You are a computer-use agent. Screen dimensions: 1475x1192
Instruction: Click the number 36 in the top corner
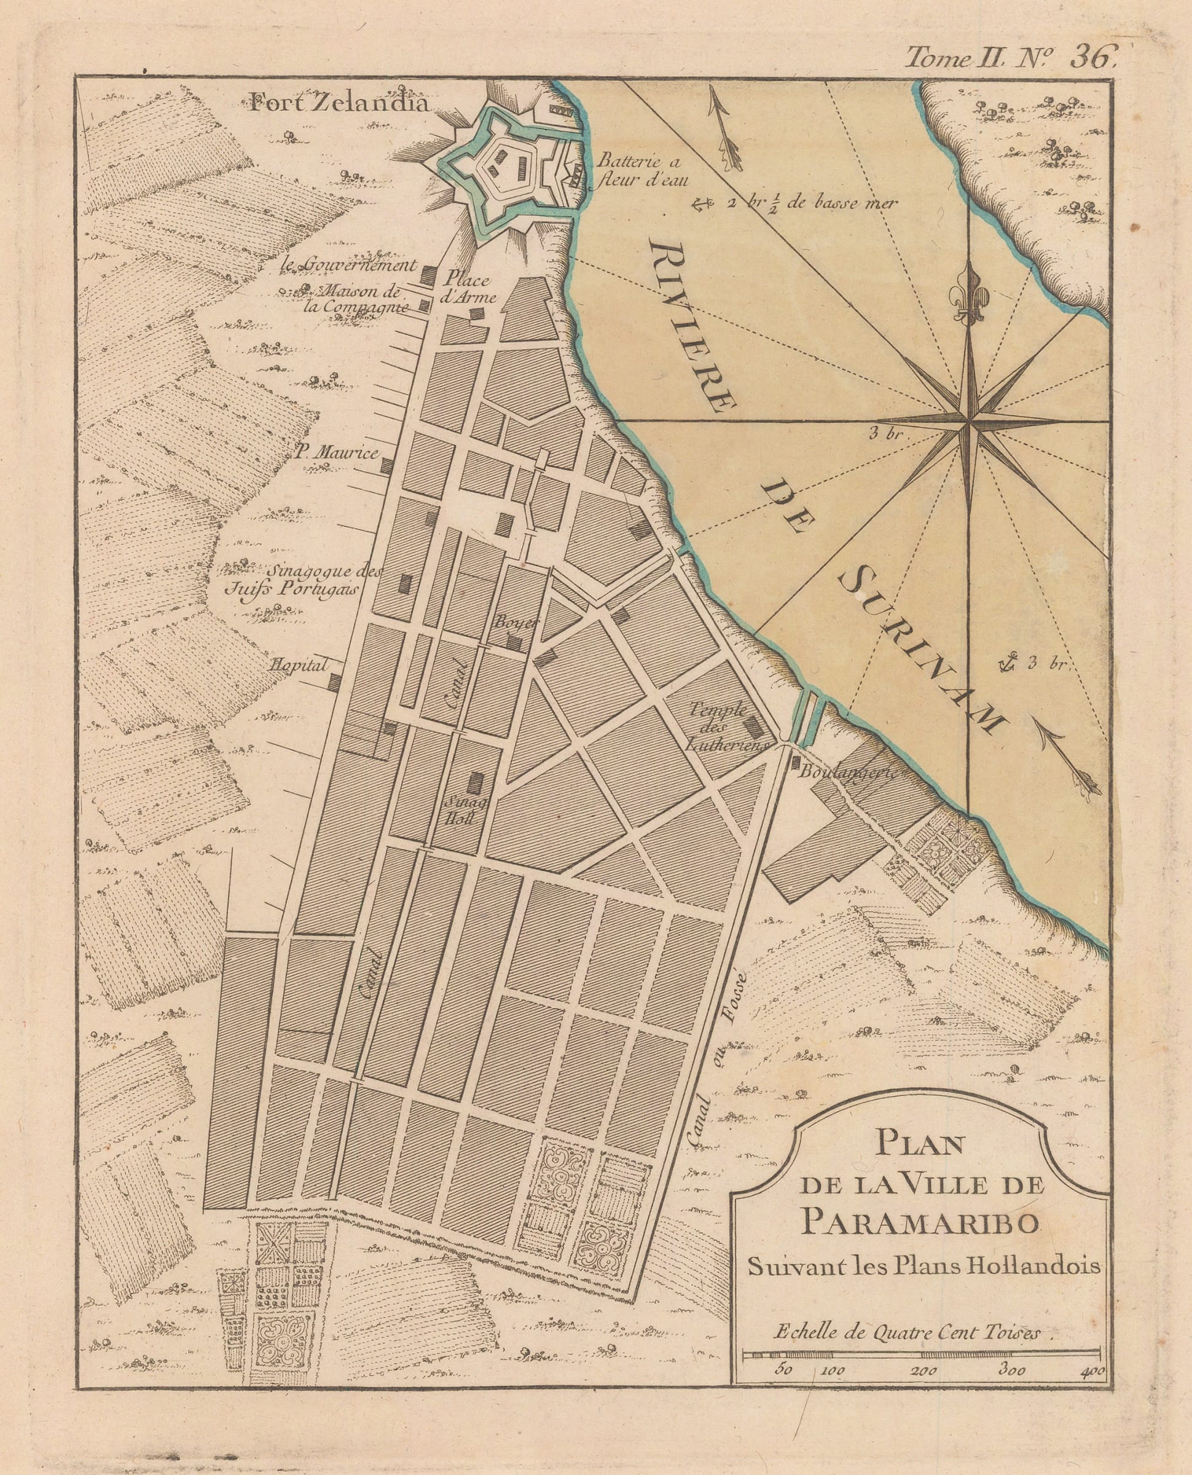1091,58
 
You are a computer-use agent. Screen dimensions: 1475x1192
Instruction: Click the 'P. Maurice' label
337,452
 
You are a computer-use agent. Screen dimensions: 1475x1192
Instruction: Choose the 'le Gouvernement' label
350,265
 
